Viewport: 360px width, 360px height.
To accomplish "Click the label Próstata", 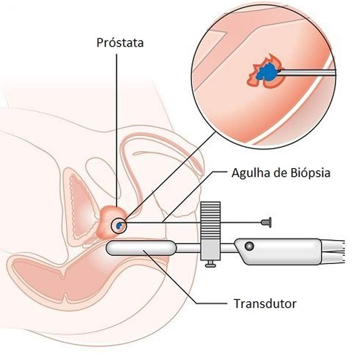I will (x=120, y=43).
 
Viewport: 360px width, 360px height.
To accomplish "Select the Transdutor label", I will (x=265, y=303).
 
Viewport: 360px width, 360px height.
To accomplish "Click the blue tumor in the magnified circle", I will (x=265, y=73).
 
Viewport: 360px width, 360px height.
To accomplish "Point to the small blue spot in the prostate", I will (x=118, y=226).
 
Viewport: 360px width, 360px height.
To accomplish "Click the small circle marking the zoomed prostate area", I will (x=119, y=226).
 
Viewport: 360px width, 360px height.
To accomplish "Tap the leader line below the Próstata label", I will (x=117, y=120).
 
